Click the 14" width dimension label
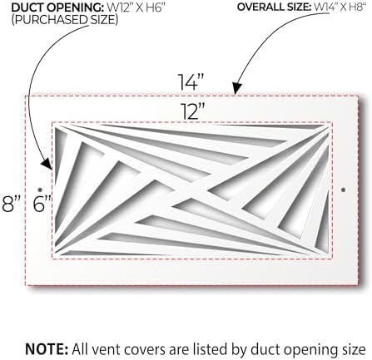(x=191, y=82)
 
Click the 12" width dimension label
(x=192, y=111)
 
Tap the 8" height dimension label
(x=11, y=204)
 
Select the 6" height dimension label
(x=42, y=204)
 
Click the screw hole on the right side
(x=344, y=190)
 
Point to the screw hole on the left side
(x=40, y=190)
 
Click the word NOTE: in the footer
(x=47, y=349)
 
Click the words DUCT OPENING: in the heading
(x=57, y=7)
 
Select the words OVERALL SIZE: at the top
(x=274, y=7)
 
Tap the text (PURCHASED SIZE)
(x=65, y=20)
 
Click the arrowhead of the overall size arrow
(x=236, y=89)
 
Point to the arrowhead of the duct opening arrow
(x=47, y=164)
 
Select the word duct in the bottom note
(x=263, y=349)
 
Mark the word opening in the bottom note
(x=307, y=351)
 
